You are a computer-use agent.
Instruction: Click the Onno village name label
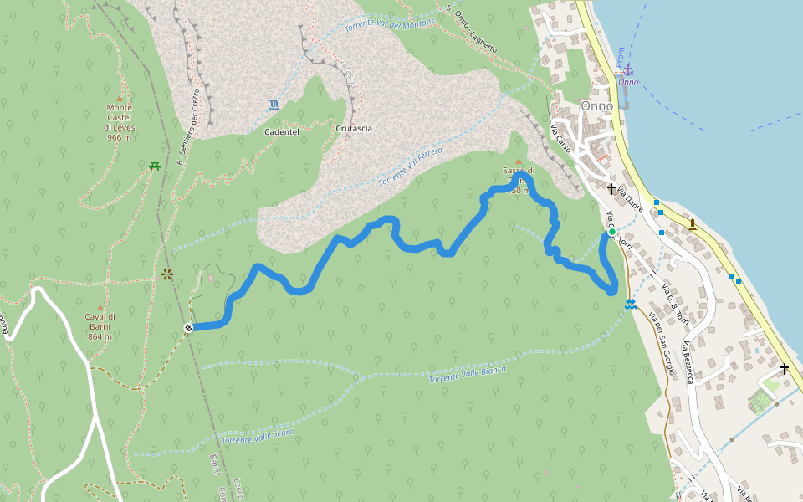coord(596,106)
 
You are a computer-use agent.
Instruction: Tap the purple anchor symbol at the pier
coord(628,71)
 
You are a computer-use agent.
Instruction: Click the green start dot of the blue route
coord(611,232)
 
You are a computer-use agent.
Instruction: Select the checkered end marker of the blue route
coord(189,328)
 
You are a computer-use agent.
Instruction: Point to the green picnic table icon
coord(155,166)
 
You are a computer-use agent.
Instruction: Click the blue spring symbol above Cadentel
coord(274,105)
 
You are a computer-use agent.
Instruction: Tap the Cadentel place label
coord(282,132)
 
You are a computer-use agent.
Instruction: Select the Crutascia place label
coord(353,129)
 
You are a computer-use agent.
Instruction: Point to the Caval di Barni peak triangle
coord(100,307)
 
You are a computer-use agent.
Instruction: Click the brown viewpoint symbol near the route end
coord(167,274)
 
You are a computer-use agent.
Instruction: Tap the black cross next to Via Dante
coord(611,189)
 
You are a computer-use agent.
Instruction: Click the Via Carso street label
coord(561,138)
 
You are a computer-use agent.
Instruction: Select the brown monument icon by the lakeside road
coord(693,223)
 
